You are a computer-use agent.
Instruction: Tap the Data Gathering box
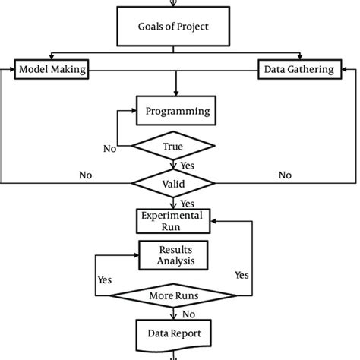point(298,70)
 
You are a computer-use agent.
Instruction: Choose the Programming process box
point(176,111)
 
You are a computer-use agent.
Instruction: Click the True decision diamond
point(173,146)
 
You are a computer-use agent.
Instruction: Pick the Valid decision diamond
point(174,183)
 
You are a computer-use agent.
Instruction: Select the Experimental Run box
point(174,220)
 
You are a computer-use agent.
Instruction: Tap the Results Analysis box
point(174,254)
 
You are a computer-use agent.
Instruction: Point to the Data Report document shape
point(174,331)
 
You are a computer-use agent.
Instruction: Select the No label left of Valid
point(86,175)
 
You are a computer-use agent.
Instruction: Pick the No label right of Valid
point(285,175)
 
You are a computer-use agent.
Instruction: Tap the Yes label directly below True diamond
point(187,165)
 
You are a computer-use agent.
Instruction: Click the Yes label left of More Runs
point(105,279)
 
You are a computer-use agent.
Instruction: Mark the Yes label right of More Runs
point(242,274)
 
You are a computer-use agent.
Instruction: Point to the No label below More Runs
point(187,313)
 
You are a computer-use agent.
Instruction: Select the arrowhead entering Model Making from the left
point(10,70)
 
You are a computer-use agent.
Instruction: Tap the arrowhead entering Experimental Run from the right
point(217,220)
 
